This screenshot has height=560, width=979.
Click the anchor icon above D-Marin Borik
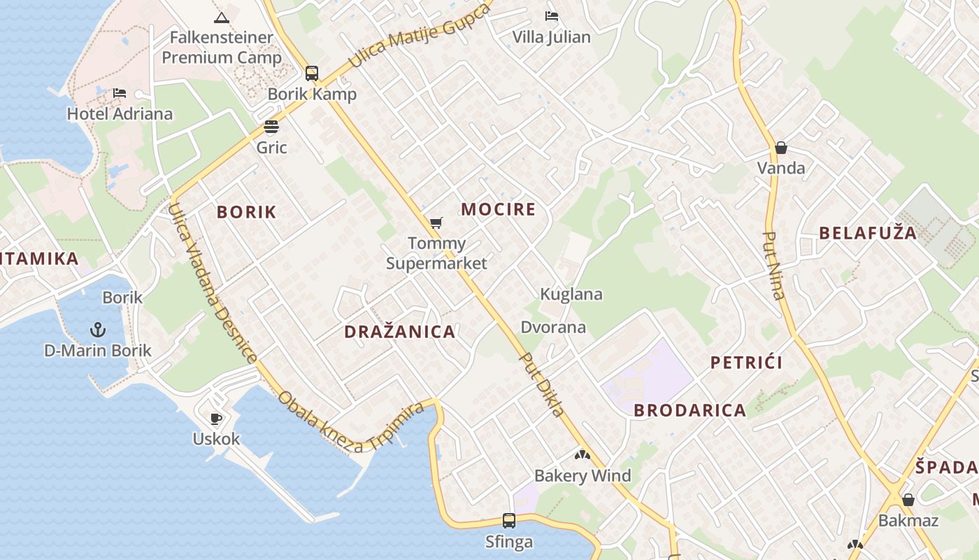tap(98, 329)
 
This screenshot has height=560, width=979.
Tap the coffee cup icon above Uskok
tap(216, 419)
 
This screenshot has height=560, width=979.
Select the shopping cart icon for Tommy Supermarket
tap(436, 223)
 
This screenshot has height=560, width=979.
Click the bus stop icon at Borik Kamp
tap(312, 73)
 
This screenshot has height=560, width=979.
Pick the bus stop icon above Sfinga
tap(509, 521)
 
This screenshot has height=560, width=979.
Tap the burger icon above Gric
tap(271, 127)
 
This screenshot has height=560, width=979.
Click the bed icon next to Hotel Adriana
tap(120, 92)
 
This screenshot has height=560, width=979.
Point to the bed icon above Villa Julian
tap(551, 15)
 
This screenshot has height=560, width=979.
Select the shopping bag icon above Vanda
tap(781, 148)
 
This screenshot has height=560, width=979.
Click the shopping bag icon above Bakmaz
tap(908, 500)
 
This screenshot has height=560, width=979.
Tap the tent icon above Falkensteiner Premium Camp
tap(222, 17)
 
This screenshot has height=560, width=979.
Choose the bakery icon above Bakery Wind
tap(583, 455)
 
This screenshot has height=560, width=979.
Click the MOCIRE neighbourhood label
tap(499, 209)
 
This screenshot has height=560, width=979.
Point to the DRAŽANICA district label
tap(400, 332)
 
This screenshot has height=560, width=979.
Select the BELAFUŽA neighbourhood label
tap(868, 233)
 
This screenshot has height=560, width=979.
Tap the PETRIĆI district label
tap(746, 363)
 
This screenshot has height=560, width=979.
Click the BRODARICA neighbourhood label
tap(690, 410)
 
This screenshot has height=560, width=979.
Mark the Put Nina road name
tap(774, 265)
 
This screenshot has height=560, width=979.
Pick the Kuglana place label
tap(571, 294)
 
